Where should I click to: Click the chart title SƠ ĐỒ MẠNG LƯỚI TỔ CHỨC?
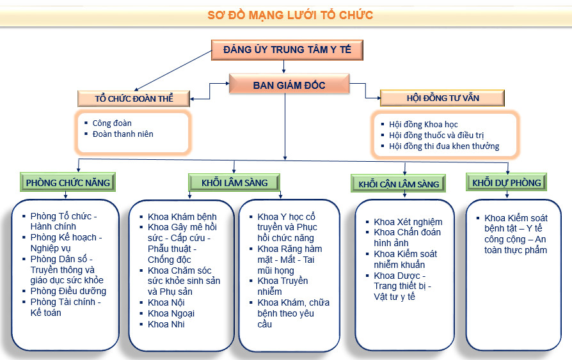click(290, 15)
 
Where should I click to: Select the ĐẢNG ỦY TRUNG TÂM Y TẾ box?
click(287, 49)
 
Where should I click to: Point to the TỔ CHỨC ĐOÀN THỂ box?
click(134, 98)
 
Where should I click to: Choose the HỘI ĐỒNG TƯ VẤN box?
click(443, 98)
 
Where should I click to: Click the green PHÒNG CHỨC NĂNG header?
click(68, 182)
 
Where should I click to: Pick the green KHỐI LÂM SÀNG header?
click(234, 182)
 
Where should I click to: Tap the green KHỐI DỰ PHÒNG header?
click(507, 182)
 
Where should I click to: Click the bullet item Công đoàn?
click(112, 123)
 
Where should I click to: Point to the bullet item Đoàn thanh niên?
click(123, 134)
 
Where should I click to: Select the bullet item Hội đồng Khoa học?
click(424, 124)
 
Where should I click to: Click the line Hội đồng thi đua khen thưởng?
click(444, 146)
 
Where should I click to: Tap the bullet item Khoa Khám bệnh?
click(182, 217)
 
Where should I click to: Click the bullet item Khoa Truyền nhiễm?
click(283, 286)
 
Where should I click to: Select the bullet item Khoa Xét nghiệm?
click(408, 222)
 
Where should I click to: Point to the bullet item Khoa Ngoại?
click(171, 313)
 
